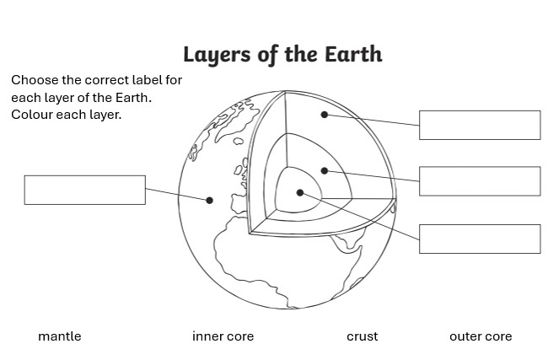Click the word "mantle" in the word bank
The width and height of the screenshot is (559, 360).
coord(60,336)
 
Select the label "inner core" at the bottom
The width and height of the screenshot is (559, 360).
coord(223,336)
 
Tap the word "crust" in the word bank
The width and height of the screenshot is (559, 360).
coord(362,336)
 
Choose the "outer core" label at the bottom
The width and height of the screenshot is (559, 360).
coord(481,336)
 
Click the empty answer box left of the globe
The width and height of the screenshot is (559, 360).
coord(84,190)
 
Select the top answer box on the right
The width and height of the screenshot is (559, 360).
coord(479,125)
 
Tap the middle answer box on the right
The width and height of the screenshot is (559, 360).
coord(479,181)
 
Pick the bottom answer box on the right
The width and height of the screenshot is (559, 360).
coord(479,239)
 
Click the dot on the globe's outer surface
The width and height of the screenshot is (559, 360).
coord(209,201)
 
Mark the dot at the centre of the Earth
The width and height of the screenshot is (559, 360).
coord(299,193)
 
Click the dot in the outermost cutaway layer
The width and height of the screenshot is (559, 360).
coord(324,114)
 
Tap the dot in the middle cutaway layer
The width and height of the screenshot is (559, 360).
coord(324,171)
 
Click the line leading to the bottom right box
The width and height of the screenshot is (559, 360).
coord(363,218)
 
